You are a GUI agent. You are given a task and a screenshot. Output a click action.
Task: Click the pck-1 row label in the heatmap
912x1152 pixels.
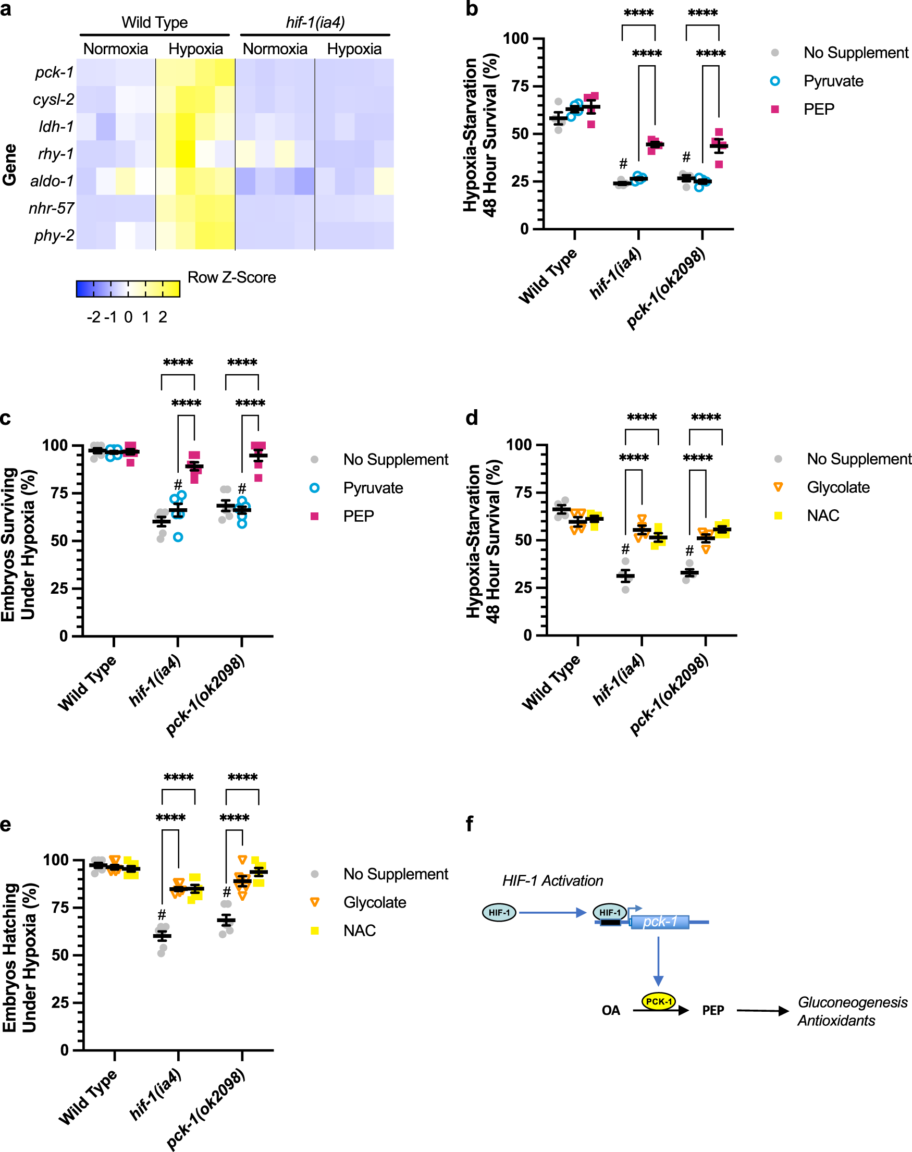(x=54, y=72)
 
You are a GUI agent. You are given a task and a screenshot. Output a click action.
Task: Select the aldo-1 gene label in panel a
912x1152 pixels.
(x=52, y=181)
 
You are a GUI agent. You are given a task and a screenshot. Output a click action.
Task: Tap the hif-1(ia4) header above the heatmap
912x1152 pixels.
(x=315, y=22)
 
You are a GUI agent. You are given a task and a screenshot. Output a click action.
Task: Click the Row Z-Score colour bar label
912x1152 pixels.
(x=231, y=277)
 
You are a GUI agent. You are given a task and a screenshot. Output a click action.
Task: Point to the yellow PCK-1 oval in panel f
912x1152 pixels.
(x=658, y=1001)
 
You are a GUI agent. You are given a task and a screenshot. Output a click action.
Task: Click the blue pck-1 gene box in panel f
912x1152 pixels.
(x=659, y=922)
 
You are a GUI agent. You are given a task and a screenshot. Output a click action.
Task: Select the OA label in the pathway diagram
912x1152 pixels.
(x=610, y=1010)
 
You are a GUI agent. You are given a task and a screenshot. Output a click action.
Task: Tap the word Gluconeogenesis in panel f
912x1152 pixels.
(x=852, y=1002)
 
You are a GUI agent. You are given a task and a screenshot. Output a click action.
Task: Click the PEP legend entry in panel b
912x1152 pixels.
(x=818, y=109)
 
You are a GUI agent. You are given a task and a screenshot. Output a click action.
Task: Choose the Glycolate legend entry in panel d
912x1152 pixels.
(x=838, y=487)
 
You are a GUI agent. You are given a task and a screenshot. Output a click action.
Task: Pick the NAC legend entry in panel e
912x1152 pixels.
(x=360, y=930)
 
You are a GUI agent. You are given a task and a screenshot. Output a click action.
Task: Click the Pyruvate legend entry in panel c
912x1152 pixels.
(x=373, y=487)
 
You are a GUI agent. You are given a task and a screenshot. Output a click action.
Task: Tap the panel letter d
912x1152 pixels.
(x=472, y=418)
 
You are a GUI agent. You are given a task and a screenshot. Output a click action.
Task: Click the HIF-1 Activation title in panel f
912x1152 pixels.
(x=552, y=881)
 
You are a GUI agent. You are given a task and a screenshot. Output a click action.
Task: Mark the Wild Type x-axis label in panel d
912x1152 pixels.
(x=550, y=682)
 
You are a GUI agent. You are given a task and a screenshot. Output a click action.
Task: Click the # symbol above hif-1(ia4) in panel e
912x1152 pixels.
(x=162, y=915)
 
